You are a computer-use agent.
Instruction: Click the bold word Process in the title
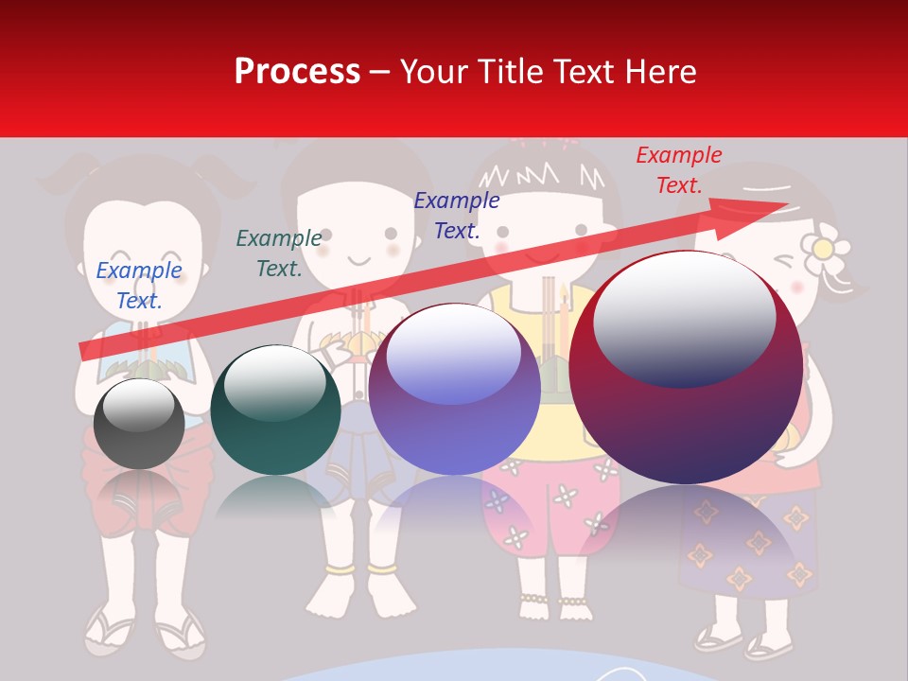click(x=297, y=72)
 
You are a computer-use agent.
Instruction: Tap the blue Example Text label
click(x=139, y=285)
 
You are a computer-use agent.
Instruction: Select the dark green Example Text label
click(x=278, y=253)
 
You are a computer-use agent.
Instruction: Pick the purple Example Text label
click(x=457, y=215)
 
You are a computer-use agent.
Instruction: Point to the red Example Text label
click(x=678, y=170)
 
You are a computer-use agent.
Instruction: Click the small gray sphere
click(x=139, y=423)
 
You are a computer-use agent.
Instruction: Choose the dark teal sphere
click(x=275, y=410)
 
